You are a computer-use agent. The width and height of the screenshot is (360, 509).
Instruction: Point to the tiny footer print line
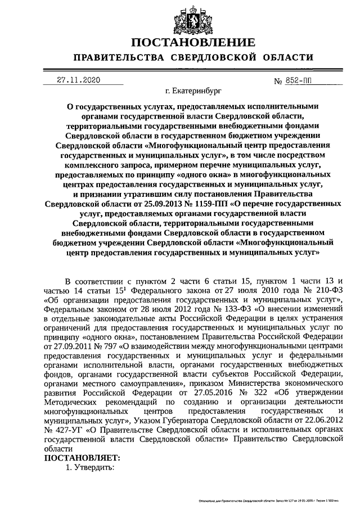click(x=269, y=500)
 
